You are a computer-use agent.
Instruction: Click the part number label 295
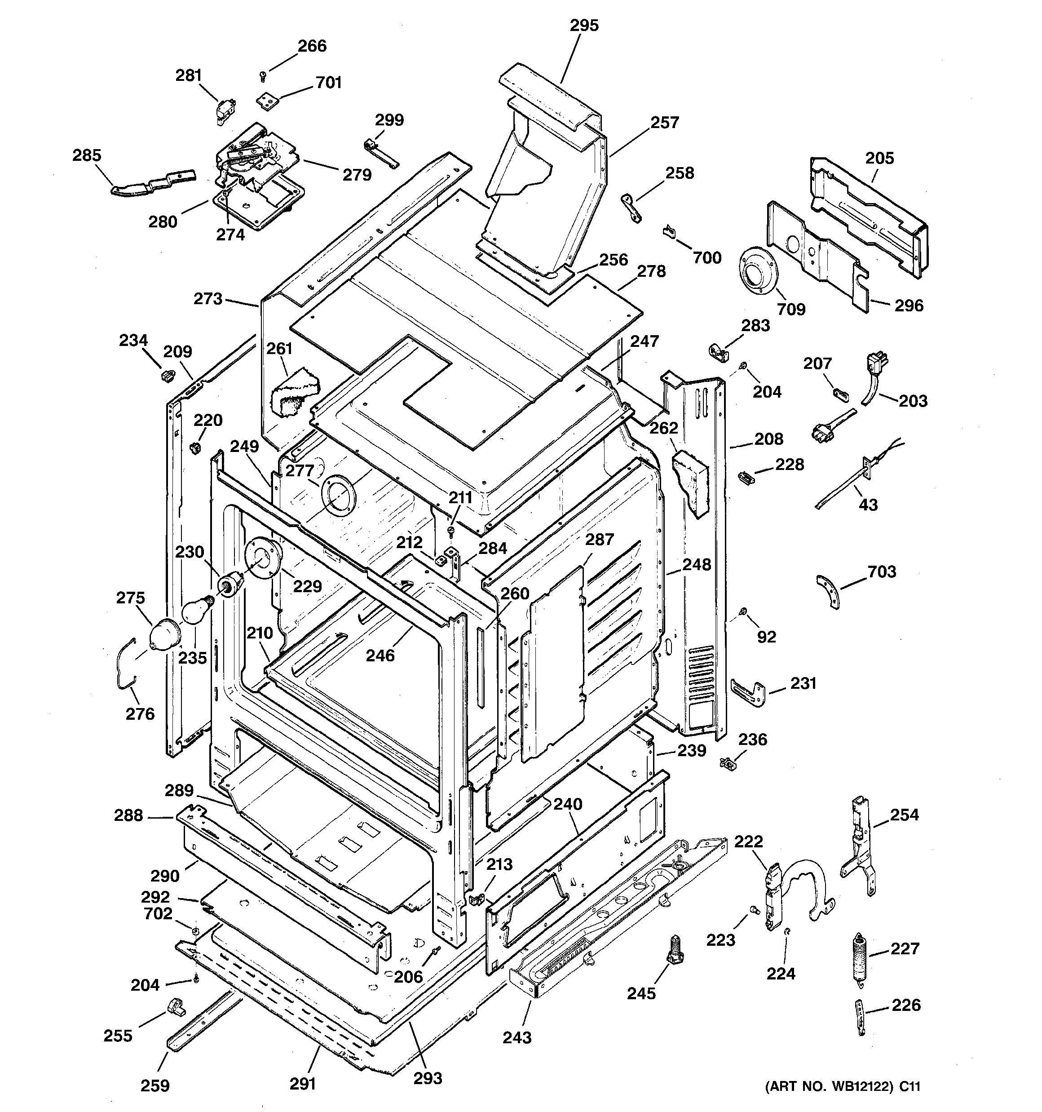point(584,25)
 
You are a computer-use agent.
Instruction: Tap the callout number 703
point(882,572)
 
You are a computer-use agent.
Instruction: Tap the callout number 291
point(303,1084)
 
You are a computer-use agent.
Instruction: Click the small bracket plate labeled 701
point(268,101)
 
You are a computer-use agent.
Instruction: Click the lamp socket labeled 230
point(230,585)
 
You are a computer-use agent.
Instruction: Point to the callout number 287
point(600,539)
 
